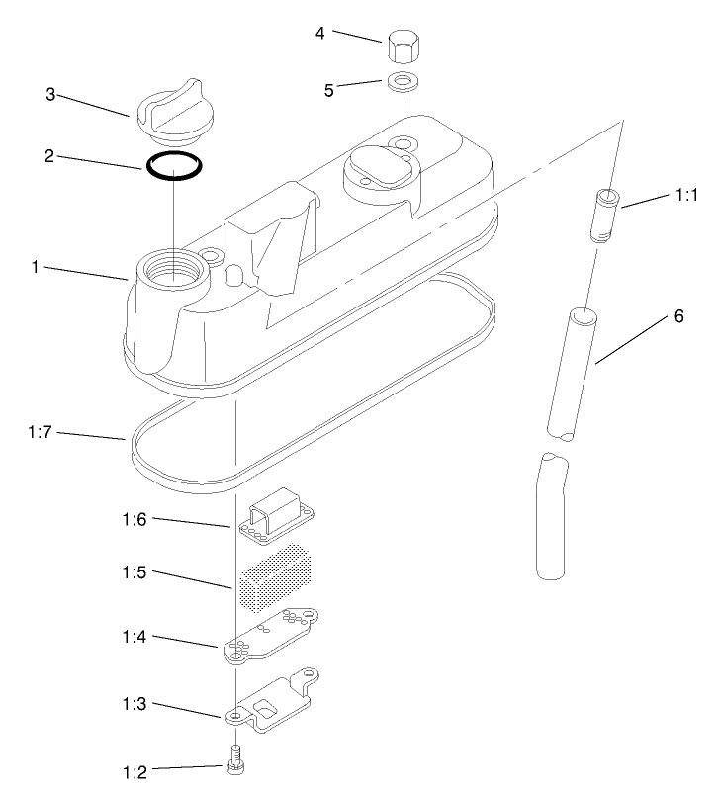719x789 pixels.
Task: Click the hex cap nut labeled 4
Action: (x=404, y=47)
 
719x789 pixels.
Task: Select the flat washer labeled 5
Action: (x=404, y=82)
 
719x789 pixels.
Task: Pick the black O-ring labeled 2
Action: (x=174, y=165)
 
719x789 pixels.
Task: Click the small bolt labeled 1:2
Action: (x=235, y=760)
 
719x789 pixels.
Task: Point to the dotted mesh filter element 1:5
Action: (x=275, y=577)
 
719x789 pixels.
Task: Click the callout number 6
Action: (x=679, y=316)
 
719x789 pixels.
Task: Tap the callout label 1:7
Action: (x=40, y=432)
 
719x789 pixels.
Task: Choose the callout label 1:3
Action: (x=134, y=703)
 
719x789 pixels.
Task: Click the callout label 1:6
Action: (x=134, y=519)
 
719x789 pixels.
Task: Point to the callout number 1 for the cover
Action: (x=35, y=267)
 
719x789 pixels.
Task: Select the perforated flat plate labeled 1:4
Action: (x=271, y=636)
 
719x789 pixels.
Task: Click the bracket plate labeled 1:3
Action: (x=272, y=701)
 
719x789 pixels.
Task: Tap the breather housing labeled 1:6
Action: (x=276, y=516)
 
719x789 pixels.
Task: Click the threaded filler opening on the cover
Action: (x=173, y=269)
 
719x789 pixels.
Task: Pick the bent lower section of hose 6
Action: (x=552, y=516)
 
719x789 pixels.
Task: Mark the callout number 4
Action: (x=320, y=34)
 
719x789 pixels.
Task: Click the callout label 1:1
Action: (x=686, y=195)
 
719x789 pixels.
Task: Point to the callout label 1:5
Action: (x=134, y=572)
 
